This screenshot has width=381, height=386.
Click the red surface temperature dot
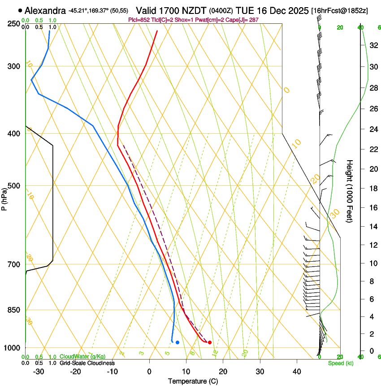(210, 342)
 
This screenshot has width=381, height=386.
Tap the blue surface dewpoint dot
(178, 342)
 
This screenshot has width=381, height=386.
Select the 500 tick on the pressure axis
(13, 186)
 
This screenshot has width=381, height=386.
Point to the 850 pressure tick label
(13, 310)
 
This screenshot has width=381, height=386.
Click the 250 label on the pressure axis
(13, 24)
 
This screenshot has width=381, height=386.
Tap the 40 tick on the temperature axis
(297, 371)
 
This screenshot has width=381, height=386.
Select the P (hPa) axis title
(4, 197)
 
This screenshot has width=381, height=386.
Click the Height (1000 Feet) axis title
(350, 191)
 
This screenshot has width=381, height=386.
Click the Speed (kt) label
(340, 363)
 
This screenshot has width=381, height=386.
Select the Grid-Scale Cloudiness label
(87, 363)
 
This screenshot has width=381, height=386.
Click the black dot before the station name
(20, 10)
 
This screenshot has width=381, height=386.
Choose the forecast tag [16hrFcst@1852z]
(339, 10)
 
